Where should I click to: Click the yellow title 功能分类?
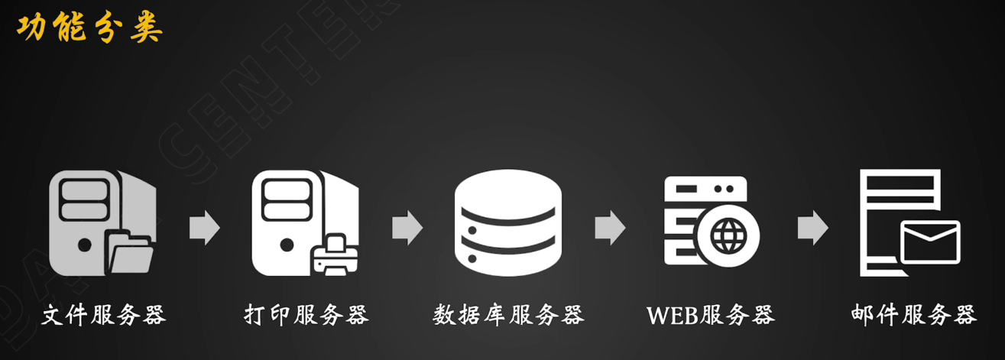coord(89,28)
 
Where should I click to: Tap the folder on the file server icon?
coord(130,250)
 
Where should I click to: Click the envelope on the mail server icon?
coord(930,242)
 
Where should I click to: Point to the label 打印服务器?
coord(306,314)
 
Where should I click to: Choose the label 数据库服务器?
coord(508,314)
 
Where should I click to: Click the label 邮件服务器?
coord(913,314)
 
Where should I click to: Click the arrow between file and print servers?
coord(204,227)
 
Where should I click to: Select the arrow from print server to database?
coord(407,227)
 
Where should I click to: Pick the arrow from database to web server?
coord(610,227)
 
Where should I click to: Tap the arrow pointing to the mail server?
coord(812,227)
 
